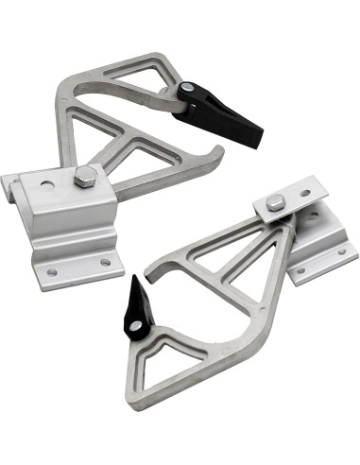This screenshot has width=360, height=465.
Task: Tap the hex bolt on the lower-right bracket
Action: click(x=275, y=202)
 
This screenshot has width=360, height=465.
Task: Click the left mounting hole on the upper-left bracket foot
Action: click(x=52, y=271)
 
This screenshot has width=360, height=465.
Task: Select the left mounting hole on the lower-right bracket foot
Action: click(x=301, y=270)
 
